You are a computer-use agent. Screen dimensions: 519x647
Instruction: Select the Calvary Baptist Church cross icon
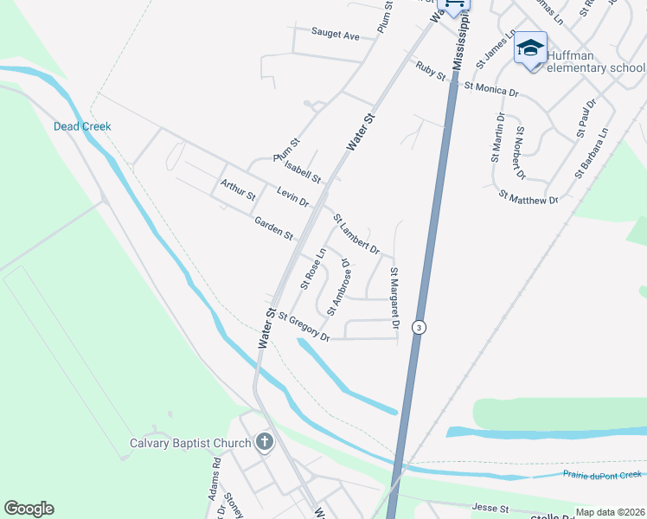pos(265,443)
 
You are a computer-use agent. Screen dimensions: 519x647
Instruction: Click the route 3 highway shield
pos(419,327)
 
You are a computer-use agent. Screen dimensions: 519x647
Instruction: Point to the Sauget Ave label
pos(335,35)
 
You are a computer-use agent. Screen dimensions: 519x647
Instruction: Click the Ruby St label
pos(430,71)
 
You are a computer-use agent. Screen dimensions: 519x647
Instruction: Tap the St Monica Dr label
pos(491,87)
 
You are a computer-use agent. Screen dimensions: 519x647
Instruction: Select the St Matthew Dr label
pos(528,199)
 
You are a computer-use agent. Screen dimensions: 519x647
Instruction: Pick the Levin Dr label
pos(293,197)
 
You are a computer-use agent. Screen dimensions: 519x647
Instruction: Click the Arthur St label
pos(238,189)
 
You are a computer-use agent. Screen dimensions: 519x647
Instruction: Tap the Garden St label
pos(274,229)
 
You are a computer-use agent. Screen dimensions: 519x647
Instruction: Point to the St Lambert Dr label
pos(356,234)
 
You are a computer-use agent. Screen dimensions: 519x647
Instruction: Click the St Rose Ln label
pos(313,268)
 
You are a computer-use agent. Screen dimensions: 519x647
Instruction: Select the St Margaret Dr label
pos(394,298)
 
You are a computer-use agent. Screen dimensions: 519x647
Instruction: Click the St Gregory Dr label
pos(303,328)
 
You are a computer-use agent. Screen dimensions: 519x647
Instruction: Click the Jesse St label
pos(490,508)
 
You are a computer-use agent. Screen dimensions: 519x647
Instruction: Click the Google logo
pos(29,509)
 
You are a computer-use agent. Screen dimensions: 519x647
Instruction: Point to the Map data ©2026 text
pos(610,512)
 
